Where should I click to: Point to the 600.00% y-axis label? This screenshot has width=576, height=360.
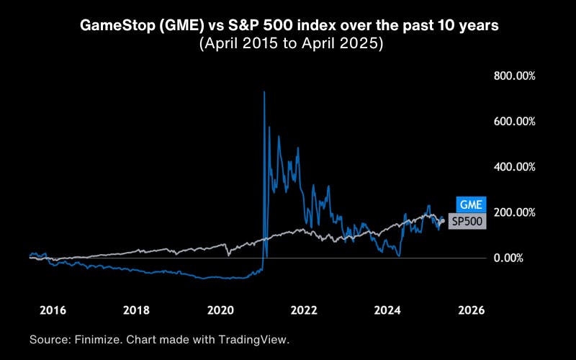(x=514, y=121)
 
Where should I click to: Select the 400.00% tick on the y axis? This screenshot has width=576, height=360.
(x=514, y=166)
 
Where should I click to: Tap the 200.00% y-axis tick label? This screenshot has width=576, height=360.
(x=514, y=212)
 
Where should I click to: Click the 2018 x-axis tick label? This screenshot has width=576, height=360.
(x=136, y=310)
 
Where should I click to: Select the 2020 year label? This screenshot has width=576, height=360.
(x=220, y=310)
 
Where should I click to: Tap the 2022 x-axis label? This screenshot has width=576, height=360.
(x=304, y=310)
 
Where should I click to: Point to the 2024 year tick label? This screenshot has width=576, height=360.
(x=387, y=310)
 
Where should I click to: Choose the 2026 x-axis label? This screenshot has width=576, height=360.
(x=471, y=310)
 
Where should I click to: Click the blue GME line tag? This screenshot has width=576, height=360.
(x=471, y=204)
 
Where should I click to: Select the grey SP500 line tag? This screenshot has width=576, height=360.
(x=467, y=222)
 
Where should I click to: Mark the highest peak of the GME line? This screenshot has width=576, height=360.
(x=264, y=92)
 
